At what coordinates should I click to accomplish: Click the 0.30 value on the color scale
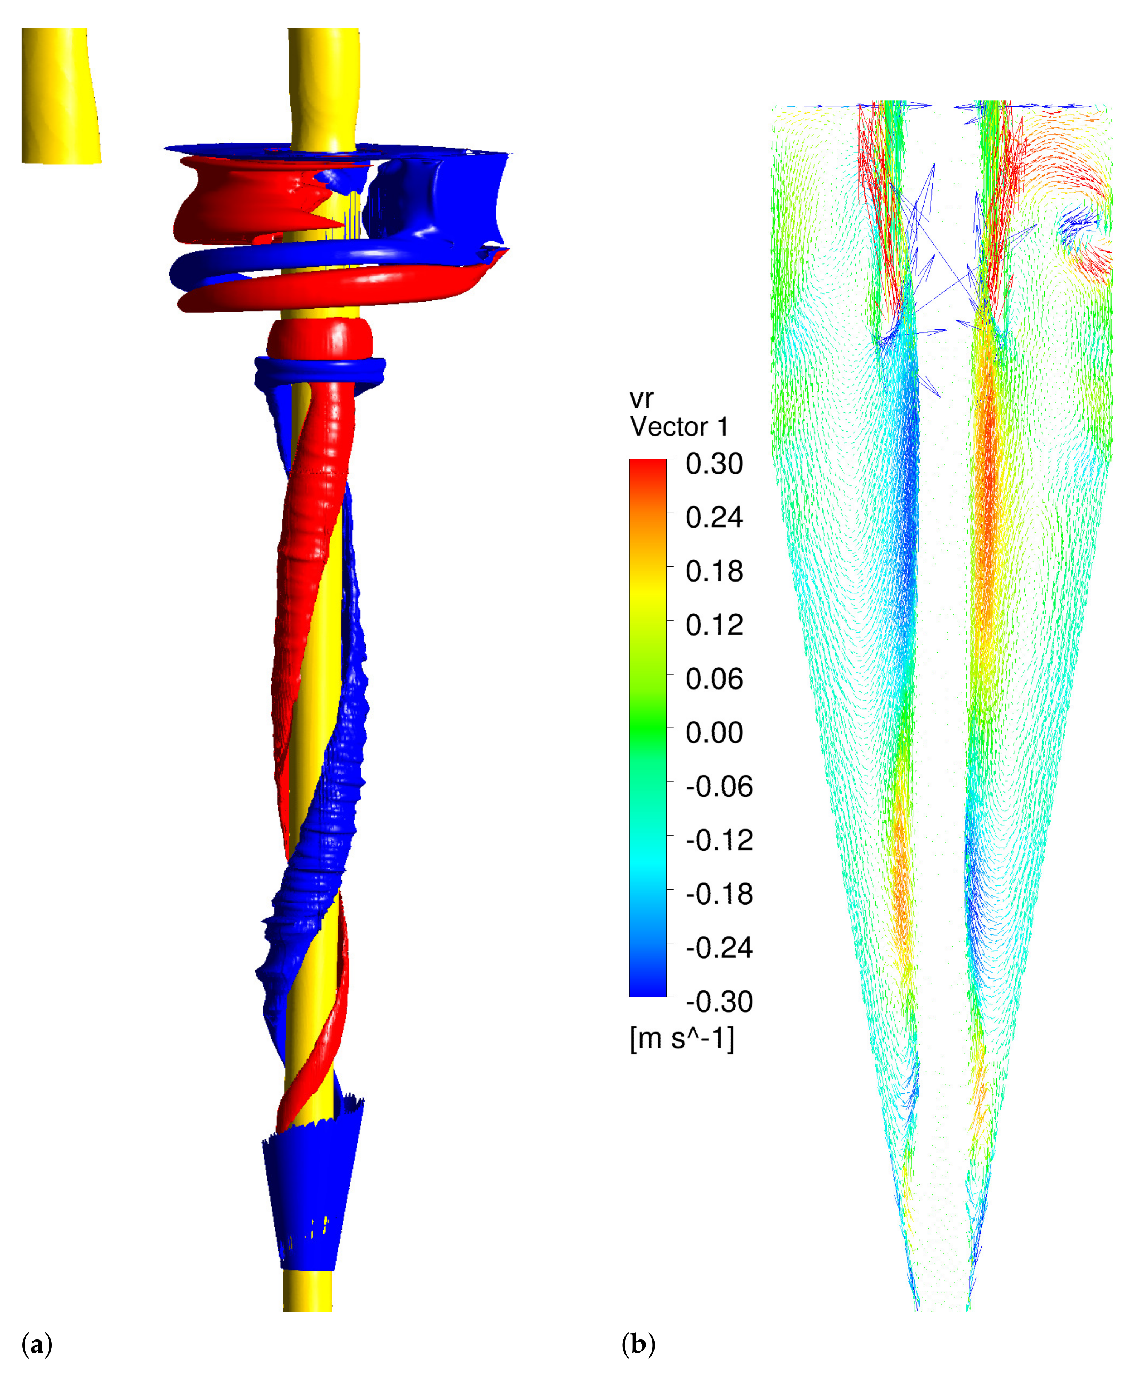714,464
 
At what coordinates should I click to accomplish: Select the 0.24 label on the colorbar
714,518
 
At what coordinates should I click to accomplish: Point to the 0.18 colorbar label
714,571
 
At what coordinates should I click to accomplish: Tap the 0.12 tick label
714,625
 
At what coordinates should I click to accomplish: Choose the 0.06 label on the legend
714,679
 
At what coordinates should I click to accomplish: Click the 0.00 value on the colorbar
714,733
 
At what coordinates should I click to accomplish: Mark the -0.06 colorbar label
718,786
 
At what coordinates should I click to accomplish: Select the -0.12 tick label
718,840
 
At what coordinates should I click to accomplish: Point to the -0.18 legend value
718,894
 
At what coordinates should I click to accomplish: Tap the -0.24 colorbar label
718,948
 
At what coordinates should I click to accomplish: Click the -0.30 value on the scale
718,1001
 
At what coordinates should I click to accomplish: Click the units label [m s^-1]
681,1039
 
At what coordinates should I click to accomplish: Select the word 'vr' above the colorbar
641,399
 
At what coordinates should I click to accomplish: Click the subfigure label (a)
37,1345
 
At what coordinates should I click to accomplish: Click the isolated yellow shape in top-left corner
60,95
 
